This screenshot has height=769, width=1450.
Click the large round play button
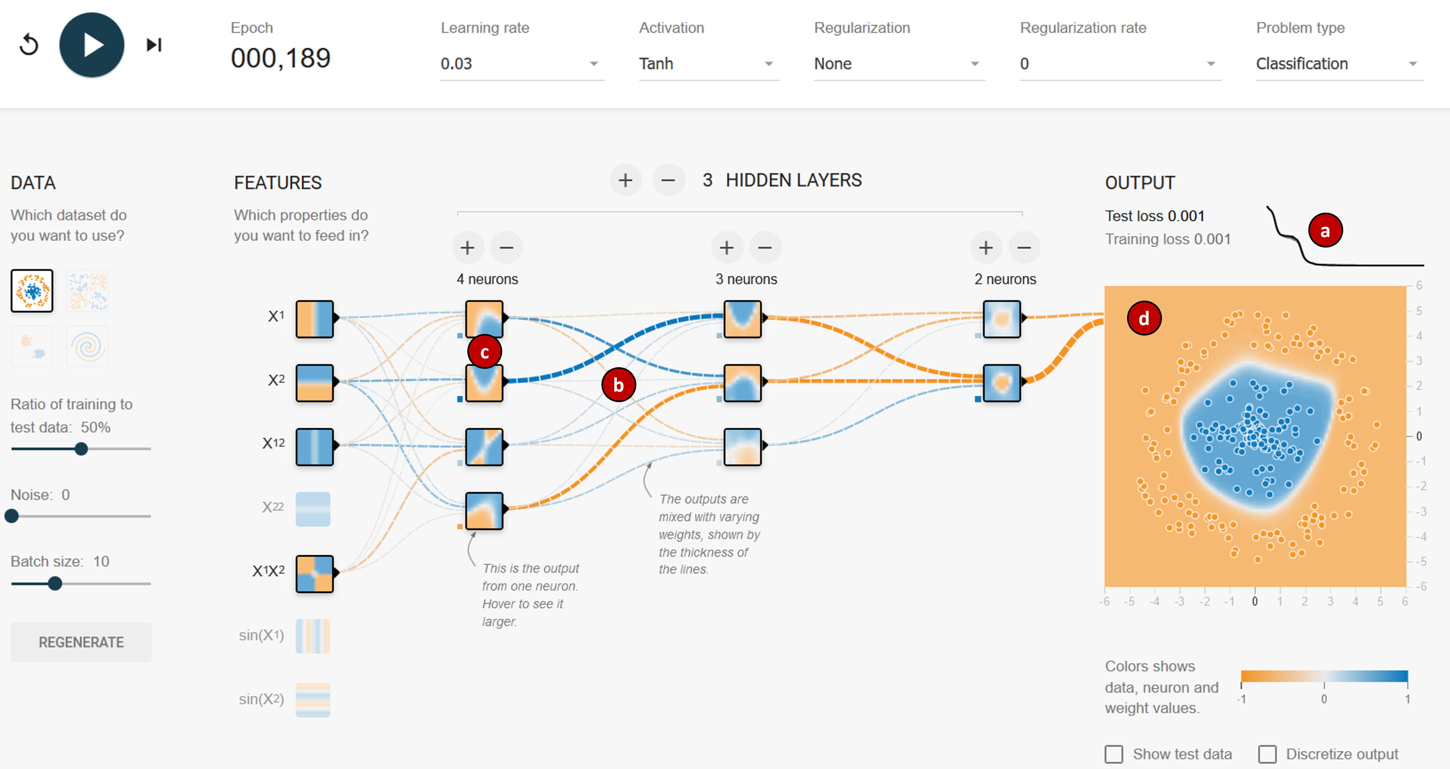[91, 45]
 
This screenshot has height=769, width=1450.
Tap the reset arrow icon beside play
[29, 45]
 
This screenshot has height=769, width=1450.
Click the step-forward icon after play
[154, 45]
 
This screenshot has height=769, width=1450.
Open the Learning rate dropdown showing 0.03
[521, 64]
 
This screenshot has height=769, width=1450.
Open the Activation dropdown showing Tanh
[708, 64]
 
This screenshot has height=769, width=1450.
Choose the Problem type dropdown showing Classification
[1338, 64]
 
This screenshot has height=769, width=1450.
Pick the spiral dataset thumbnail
[87, 346]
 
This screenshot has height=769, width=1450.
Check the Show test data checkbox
[1114, 754]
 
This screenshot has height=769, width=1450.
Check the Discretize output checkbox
[1267, 754]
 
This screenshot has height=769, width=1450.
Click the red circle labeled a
[1325, 230]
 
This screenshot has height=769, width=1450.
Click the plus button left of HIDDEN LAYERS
[625, 180]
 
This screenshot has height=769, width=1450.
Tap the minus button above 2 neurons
[1024, 248]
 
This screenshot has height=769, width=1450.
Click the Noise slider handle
[12, 516]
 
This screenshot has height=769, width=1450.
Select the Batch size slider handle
[55, 583]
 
